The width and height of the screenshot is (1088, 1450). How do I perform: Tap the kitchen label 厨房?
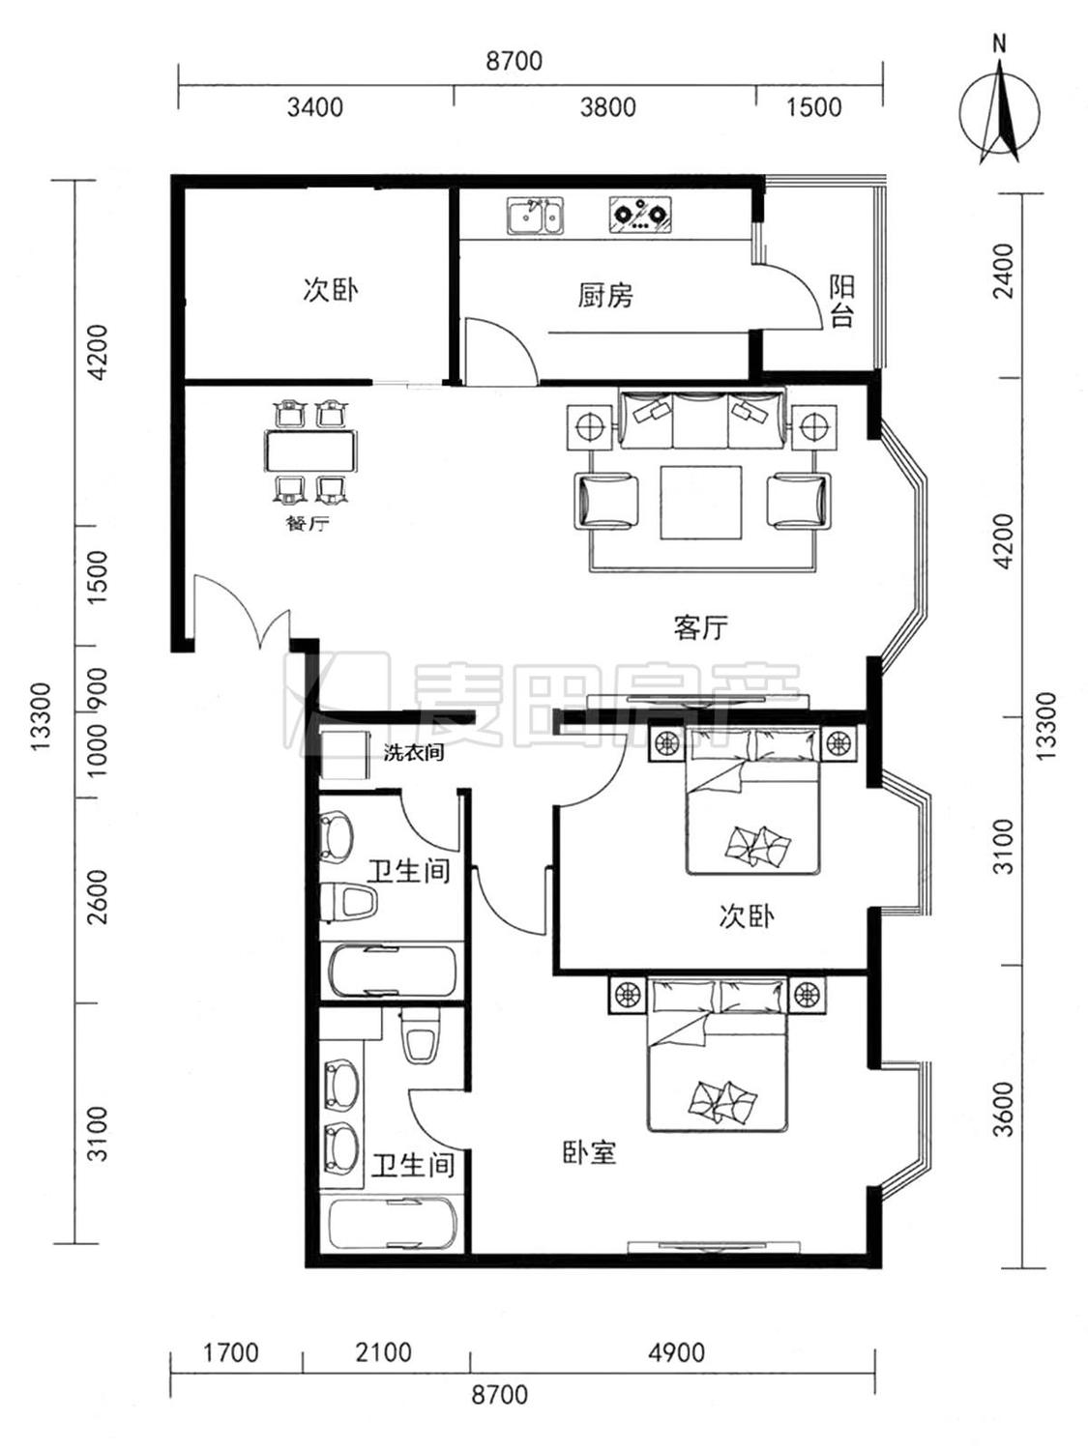605,295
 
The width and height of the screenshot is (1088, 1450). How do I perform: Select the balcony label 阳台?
841,302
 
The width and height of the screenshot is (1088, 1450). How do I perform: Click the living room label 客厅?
700,627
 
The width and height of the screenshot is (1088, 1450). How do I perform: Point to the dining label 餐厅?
308,525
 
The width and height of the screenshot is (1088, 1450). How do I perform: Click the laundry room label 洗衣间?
414,752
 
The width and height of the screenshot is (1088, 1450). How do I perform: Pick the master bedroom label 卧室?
589,1152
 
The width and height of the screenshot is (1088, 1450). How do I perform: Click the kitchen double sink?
536,216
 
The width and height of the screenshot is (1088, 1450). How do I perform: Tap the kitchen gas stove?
639,214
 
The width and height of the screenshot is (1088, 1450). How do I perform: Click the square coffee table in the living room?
701,502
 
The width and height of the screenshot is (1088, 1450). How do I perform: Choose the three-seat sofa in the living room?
703,420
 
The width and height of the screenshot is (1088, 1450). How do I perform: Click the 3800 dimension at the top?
607,107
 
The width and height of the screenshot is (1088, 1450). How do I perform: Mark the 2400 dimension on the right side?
1004,272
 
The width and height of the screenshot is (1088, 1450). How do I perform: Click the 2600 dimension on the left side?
97,897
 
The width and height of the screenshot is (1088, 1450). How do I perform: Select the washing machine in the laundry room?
345,755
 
